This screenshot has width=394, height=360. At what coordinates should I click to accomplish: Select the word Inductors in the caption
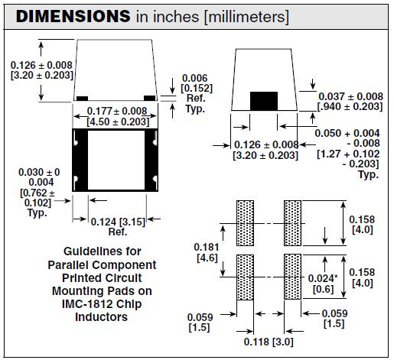[100, 316]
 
